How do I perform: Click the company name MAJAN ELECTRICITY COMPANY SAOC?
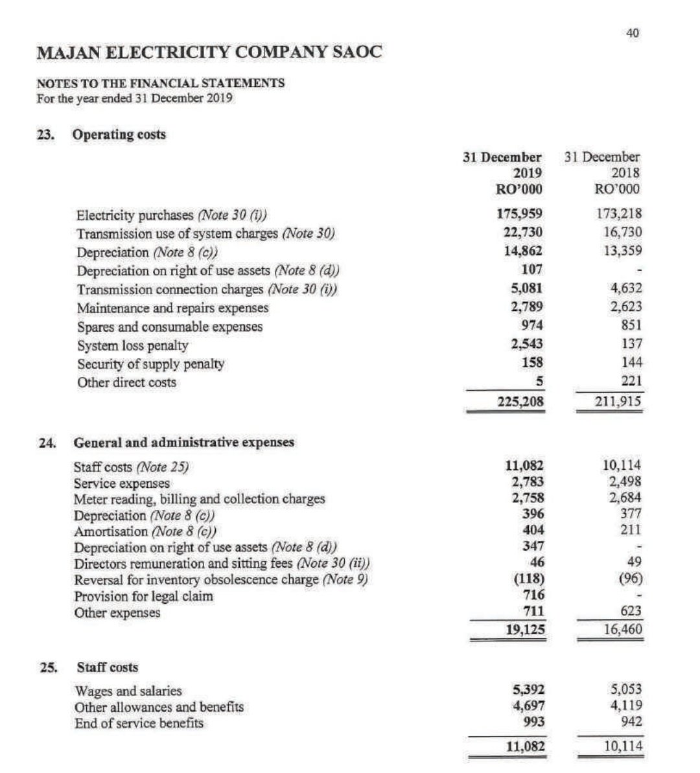coord(209,52)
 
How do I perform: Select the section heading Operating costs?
coord(119,135)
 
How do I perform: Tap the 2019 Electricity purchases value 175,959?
coord(519,214)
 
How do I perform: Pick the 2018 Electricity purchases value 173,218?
coord(618,214)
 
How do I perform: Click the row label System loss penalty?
coord(132,345)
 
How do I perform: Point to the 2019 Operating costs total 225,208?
coord(520,402)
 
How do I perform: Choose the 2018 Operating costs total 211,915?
coord(618,402)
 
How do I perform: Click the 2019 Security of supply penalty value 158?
coord(531,363)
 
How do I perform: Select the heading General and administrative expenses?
coord(184,443)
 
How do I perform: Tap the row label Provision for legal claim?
coord(143,596)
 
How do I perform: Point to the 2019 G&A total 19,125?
coord(524,629)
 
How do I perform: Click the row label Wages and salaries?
coord(128,691)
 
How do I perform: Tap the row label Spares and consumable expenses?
coord(170,327)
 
